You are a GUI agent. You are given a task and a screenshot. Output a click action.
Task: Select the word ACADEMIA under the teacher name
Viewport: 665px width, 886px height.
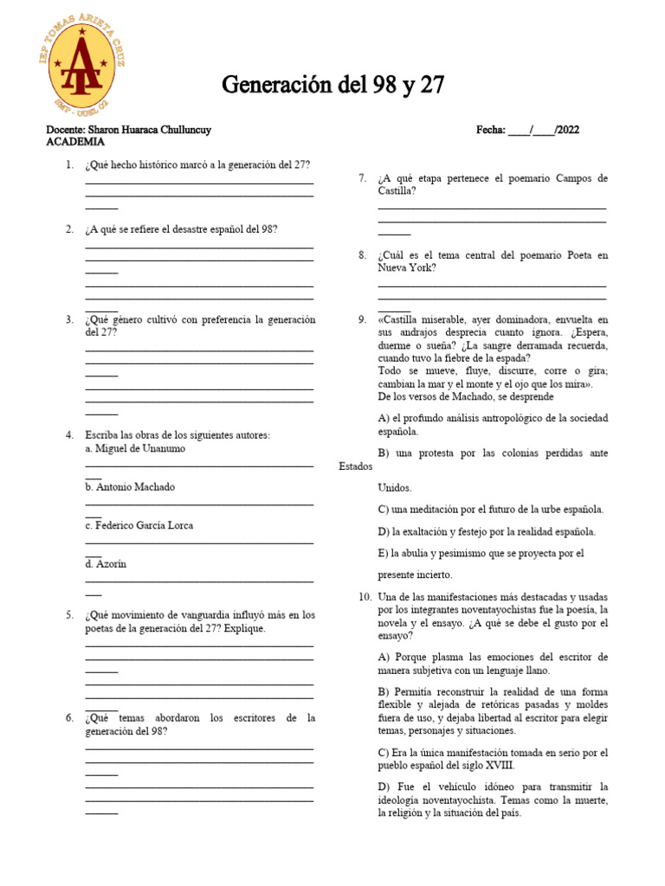pyautogui.click(x=75, y=142)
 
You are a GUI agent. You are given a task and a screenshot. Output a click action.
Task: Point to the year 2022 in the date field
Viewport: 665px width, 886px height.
pyautogui.click(x=567, y=130)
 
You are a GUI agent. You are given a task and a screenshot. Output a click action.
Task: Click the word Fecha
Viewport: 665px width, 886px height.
pyautogui.click(x=490, y=130)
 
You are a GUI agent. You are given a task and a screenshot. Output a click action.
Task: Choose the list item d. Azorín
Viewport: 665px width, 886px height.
pyautogui.click(x=106, y=563)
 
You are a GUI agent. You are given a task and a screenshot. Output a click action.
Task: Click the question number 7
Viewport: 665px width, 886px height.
pyautogui.click(x=363, y=178)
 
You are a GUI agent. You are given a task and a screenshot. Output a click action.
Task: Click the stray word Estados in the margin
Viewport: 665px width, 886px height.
pyautogui.click(x=356, y=466)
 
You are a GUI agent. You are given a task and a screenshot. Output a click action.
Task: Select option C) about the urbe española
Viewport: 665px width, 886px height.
pyautogui.click(x=490, y=510)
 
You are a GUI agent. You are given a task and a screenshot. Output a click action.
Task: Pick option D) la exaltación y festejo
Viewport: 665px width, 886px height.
pyautogui.click(x=486, y=531)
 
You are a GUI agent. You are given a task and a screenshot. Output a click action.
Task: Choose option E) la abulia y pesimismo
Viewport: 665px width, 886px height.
pyautogui.click(x=481, y=553)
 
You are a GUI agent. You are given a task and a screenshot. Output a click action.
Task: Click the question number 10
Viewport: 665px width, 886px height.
pyautogui.click(x=365, y=597)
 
